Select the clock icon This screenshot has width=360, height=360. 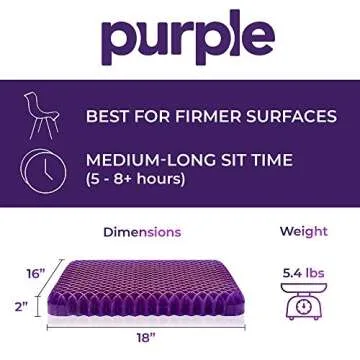pyautogui.click(x=43, y=169)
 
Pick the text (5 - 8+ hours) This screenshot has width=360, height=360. pyautogui.click(x=135, y=180)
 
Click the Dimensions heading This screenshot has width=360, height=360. pyautogui.click(x=142, y=232)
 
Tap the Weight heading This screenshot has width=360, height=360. pyautogui.click(x=303, y=232)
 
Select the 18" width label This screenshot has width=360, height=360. pyautogui.click(x=147, y=338)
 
